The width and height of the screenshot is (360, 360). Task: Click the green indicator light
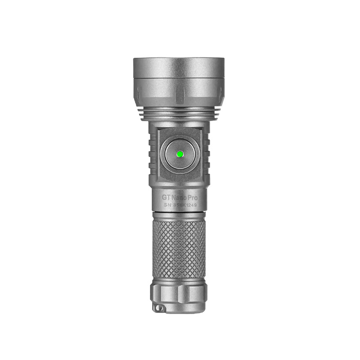tap(179, 154)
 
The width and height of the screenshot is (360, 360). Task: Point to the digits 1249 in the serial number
tap(193, 206)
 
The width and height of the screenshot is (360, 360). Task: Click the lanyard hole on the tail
tap(158, 307)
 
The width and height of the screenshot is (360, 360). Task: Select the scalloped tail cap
tap(179, 295)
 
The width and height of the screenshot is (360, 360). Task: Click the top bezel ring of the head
tap(179, 67)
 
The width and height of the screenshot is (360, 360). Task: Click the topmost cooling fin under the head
tap(179, 109)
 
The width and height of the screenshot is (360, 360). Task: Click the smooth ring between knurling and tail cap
tap(179, 279)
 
